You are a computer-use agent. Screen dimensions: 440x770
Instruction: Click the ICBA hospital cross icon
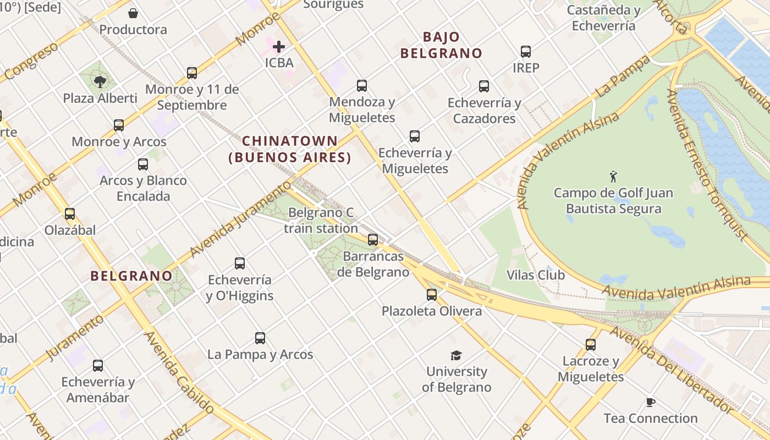pyautogui.click(x=279, y=47)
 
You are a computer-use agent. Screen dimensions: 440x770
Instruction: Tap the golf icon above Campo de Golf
pyautogui.click(x=613, y=177)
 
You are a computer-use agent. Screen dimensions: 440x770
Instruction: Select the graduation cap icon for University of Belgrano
pyautogui.click(x=456, y=355)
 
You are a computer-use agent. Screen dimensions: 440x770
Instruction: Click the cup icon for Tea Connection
pyautogui.click(x=651, y=402)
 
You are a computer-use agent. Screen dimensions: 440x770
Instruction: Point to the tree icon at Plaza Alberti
pyautogui.click(x=100, y=82)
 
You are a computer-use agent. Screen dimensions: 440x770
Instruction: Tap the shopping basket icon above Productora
pyautogui.click(x=133, y=13)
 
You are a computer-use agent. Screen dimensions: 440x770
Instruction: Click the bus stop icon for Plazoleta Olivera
pyautogui.click(x=432, y=295)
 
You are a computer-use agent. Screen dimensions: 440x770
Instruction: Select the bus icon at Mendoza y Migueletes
pyautogui.click(x=362, y=86)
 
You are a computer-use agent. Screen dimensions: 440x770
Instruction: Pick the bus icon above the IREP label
pyautogui.click(x=526, y=52)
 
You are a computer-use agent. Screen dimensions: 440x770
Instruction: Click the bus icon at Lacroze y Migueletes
pyautogui.click(x=591, y=345)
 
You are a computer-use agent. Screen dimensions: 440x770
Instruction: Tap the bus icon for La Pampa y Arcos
pyautogui.click(x=260, y=338)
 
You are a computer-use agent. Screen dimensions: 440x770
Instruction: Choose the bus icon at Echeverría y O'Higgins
pyautogui.click(x=240, y=263)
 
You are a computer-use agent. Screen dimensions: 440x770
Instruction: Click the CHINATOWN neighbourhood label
pyautogui.click(x=290, y=149)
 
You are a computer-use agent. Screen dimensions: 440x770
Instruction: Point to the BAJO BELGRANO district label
pyautogui.click(x=441, y=45)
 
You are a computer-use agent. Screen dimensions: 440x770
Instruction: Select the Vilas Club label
pyautogui.click(x=535, y=274)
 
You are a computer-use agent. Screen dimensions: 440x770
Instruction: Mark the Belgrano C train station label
pyautogui.click(x=321, y=220)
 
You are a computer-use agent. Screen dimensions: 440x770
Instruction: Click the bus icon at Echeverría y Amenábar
pyautogui.click(x=98, y=366)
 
